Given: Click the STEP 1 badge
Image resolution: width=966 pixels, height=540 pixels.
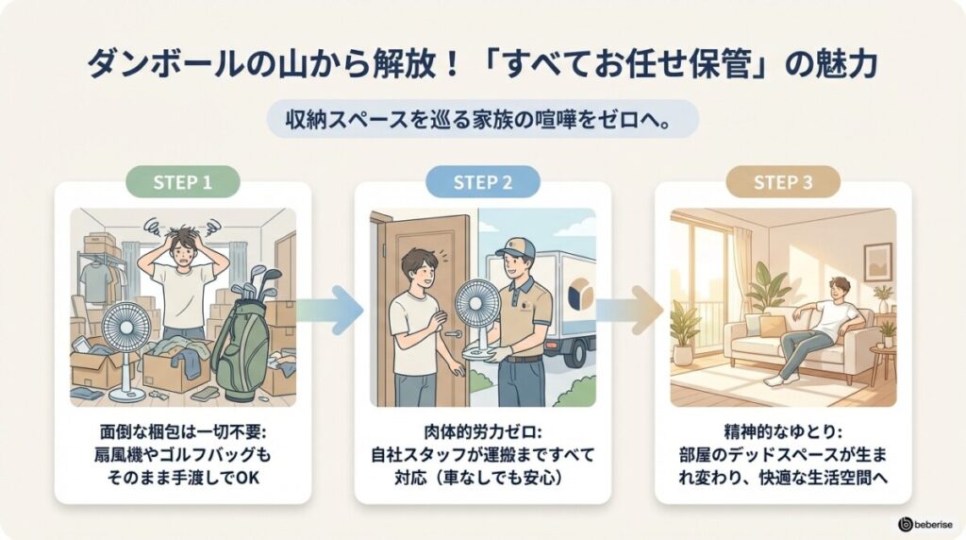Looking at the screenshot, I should pyautogui.click(x=182, y=182).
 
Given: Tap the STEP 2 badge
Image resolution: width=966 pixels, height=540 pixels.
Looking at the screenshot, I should pyautogui.click(x=483, y=182).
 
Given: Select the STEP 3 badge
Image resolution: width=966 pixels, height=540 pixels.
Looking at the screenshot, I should pyautogui.click(x=783, y=182).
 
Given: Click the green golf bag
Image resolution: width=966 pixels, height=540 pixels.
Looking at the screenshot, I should pyautogui.click(x=242, y=335).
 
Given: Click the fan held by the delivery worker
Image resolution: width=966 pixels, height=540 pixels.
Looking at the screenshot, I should pyautogui.click(x=479, y=312).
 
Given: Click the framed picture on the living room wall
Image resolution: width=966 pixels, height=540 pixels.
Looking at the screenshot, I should pyautogui.click(x=877, y=261).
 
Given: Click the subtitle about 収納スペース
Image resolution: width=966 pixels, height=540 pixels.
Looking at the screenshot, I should pyautogui.click(x=482, y=120).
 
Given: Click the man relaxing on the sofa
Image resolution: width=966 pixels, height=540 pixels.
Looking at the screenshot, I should pyautogui.click(x=816, y=326).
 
